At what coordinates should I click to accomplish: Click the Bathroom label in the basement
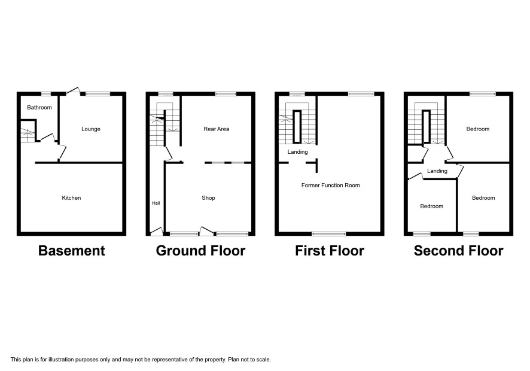pos(39,108)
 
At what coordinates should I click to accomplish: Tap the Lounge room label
pos(91,129)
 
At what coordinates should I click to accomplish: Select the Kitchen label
pos(71,198)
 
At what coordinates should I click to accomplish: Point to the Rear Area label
pos(217,129)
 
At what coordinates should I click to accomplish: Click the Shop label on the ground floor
pos(208,198)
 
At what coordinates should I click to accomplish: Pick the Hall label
pos(156,203)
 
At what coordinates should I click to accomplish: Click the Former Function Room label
pos(331,185)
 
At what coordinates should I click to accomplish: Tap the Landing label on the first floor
pos(298,152)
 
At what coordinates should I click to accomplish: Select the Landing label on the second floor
pos(437,171)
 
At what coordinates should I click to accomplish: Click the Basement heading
pos(72,251)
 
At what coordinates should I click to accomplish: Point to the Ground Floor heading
pos(200,251)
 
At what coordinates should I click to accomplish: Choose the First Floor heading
pos(330,251)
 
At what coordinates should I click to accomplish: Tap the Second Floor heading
pos(459,251)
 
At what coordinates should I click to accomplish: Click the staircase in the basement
pos(28,135)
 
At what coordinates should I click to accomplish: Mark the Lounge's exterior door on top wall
pos(73,90)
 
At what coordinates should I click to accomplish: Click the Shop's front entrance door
pos(206,231)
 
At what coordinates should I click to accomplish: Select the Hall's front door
pos(157,231)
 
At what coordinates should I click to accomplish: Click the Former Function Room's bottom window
pos(329,233)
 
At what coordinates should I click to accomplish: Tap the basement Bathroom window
pos(46,94)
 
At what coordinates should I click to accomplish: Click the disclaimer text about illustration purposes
pos(141,360)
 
